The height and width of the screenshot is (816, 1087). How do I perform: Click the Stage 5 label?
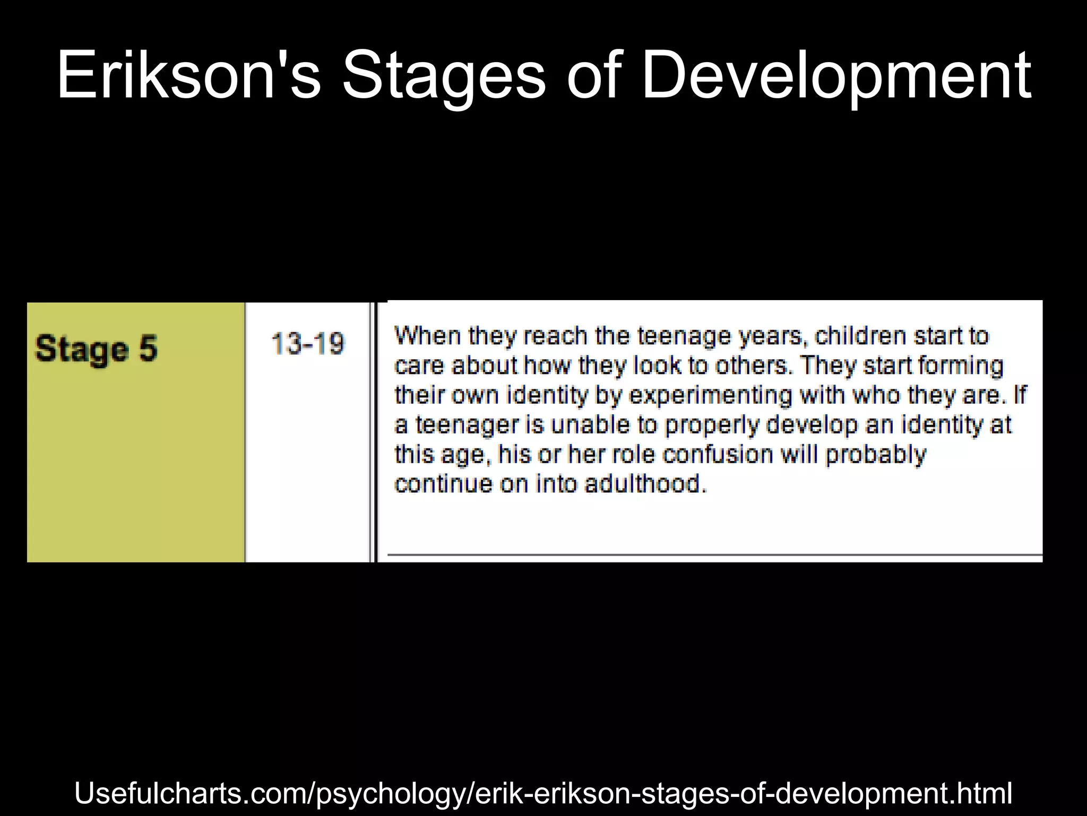pyautogui.click(x=96, y=349)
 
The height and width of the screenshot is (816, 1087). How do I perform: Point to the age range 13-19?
pyautogui.click(x=308, y=343)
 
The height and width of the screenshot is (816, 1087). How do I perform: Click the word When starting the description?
pyautogui.click(x=428, y=336)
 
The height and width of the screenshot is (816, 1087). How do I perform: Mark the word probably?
pyautogui.click(x=876, y=455)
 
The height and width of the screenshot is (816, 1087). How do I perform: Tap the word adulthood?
pyautogui.click(x=646, y=484)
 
